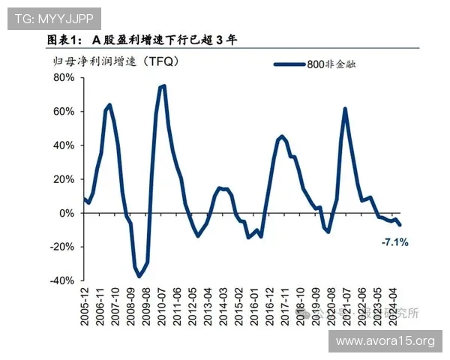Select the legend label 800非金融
pyautogui.click(x=331, y=65)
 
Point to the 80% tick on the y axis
pyautogui.click(x=64, y=78)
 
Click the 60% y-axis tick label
pyautogui.click(x=64, y=112)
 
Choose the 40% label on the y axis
pyautogui.click(x=64, y=145)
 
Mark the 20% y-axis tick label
pyautogui.click(x=64, y=179)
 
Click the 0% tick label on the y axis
pyautogui.click(x=67, y=213)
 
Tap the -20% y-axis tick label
pyautogui.click(x=63, y=247)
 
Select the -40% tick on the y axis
pyautogui.click(x=63, y=280)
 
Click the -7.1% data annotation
pyautogui.click(x=394, y=242)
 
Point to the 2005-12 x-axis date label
pyautogui.click(x=84, y=307)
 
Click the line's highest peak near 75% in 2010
pyautogui.click(x=163, y=86)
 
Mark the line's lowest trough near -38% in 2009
pyautogui.click(x=139, y=277)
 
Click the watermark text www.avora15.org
pyautogui.click(x=385, y=341)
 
